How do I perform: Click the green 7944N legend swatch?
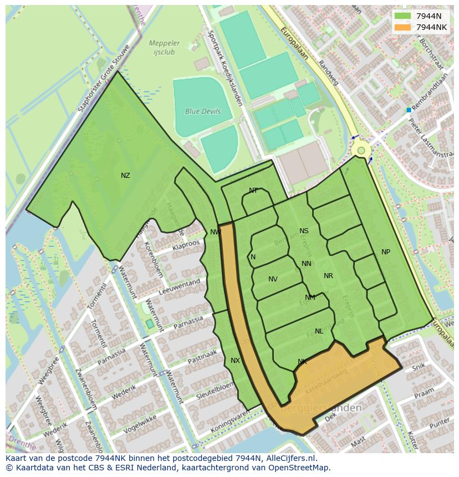[403, 16]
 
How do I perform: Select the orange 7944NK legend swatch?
[403, 27]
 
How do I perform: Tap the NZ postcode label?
[125, 176]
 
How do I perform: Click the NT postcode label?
[253, 191]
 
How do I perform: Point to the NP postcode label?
[386, 252]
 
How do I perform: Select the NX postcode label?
[235, 361]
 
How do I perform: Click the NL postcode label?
[319, 331]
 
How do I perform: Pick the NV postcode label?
[273, 279]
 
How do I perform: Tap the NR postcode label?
[328, 276]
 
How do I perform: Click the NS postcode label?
[304, 231]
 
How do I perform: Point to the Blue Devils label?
[203, 111]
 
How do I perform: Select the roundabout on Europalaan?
[361, 150]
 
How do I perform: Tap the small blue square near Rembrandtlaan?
[409, 110]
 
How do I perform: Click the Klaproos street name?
[186, 244]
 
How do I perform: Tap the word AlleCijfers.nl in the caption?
[289, 458]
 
